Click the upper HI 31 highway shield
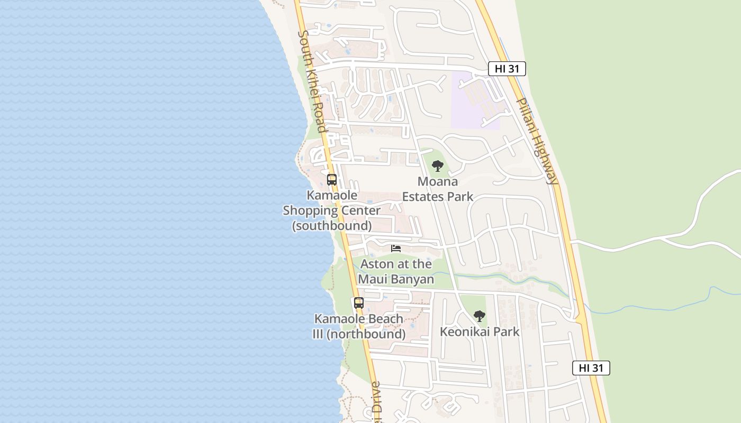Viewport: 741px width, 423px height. click(x=507, y=69)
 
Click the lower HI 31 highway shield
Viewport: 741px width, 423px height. click(x=591, y=368)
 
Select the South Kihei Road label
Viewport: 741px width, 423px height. click(x=313, y=81)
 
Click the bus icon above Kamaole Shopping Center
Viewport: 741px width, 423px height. click(x=332, y=180)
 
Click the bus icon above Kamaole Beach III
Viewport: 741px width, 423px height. click(x=359, y=303)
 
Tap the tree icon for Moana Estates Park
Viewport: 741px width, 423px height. click(x=437, y=166)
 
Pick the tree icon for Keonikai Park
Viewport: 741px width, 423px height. click(x=480, y=316)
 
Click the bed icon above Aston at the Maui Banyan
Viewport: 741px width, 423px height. click(x=396, y=248)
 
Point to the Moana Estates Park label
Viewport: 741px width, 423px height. click(x=438, y=189)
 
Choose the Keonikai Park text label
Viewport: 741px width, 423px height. click(x=480, y=332)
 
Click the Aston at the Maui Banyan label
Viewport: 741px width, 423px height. click(x=396, y=271)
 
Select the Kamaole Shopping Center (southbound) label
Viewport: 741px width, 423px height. click(x=332, y=210)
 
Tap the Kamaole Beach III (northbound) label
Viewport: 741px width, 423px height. click(x=359, y=327)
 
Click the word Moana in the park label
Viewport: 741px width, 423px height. click(x=438, y=182)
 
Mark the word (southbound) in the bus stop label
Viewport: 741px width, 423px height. click(x=332, y=226)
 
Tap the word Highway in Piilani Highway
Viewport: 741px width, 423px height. click(x=545, y=159)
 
